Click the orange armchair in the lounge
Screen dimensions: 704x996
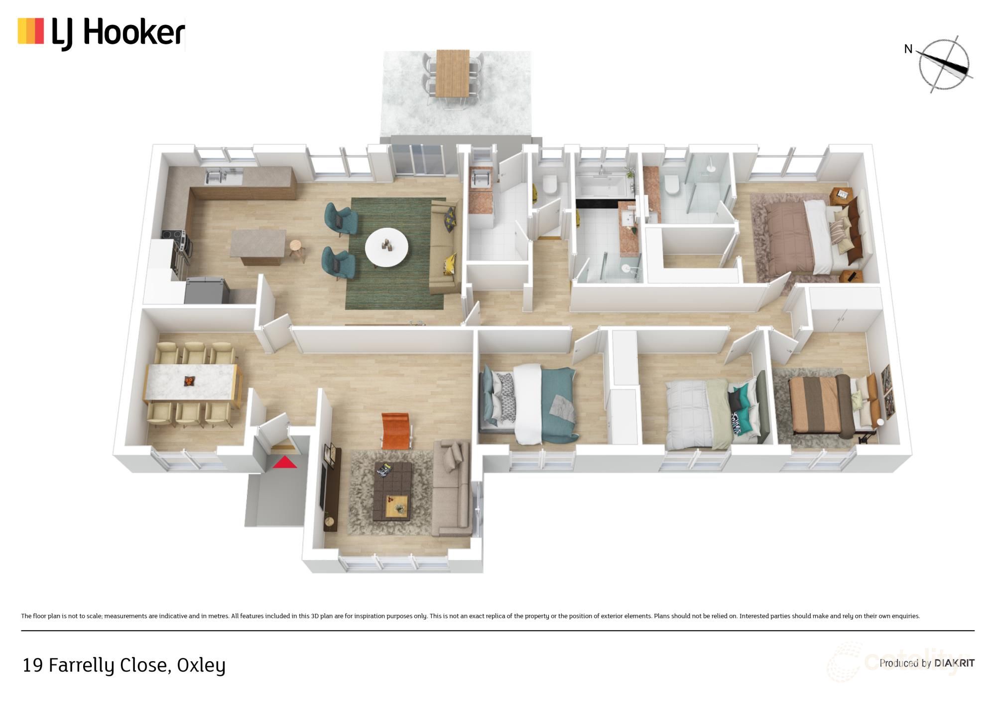396,430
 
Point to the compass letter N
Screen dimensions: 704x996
908,49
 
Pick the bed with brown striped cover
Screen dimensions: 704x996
822,405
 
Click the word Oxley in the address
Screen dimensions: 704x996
201,665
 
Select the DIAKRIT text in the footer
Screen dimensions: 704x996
954,663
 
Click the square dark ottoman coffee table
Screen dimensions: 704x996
392,491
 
